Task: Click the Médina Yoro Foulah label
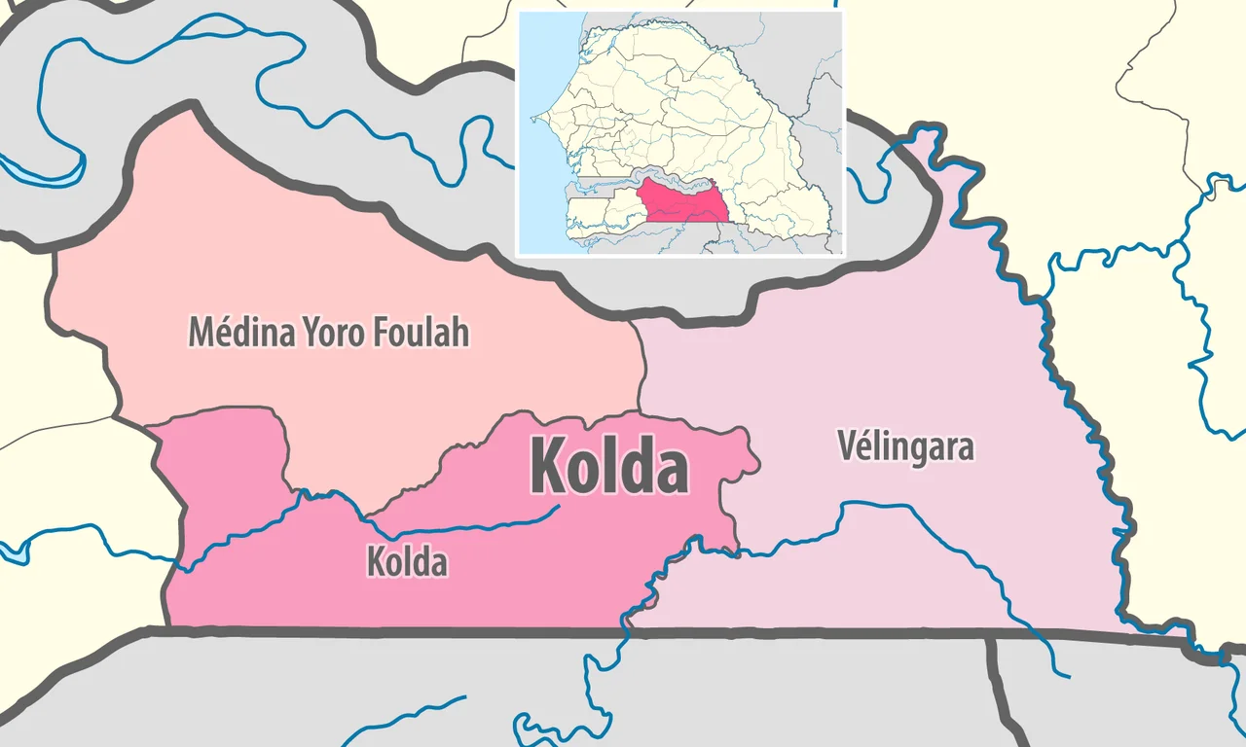coord(329,333)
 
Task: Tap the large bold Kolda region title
coord(609,466)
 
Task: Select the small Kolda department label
coord(407,562)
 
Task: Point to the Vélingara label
coord(906,447)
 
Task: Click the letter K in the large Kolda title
coord(547,466)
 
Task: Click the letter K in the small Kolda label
coord(375,562)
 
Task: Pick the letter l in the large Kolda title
coord(610,466)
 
